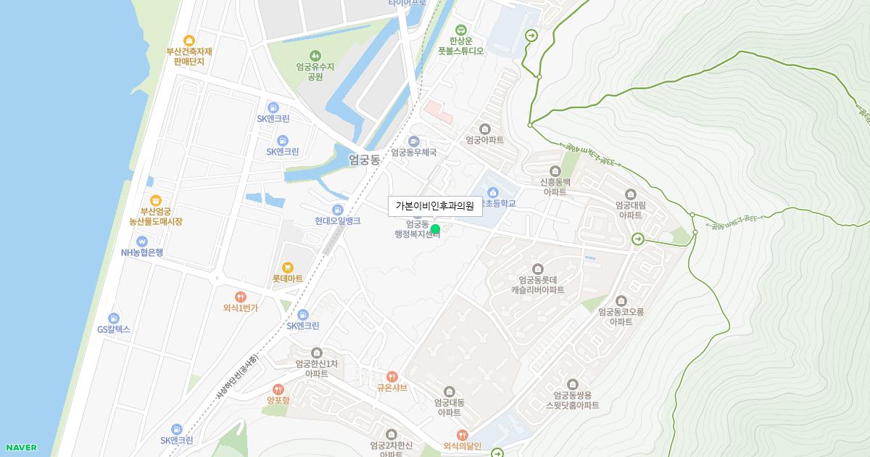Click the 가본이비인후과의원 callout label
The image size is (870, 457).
tap(435, 206)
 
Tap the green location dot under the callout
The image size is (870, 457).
tap(435, 229)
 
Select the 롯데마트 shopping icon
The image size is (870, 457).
tap(287, 268)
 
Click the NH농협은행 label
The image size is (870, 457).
tap(142, 252)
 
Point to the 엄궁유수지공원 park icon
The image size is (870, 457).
tap(315, 55)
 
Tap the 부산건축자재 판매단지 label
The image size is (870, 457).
tap(189, 57)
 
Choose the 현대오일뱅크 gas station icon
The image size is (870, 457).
tap(337, 210)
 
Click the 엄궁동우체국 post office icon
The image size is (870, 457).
tap(414, 141)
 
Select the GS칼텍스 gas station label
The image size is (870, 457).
tap(114, 329)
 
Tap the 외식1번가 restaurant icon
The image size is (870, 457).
tap(240, 297)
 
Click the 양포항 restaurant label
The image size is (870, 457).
tap(278, 400)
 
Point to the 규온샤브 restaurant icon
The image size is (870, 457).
tap(392, 376)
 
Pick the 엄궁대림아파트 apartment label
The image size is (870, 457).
tap(630, 210)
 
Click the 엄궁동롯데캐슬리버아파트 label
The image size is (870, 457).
tap(537, 284)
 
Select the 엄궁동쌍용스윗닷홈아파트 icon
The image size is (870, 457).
tap(573, 384)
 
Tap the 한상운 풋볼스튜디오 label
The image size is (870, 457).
tap(460, 46)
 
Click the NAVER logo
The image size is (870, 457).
tap(21, 448)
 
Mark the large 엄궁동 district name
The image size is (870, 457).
tap(364, 160)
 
